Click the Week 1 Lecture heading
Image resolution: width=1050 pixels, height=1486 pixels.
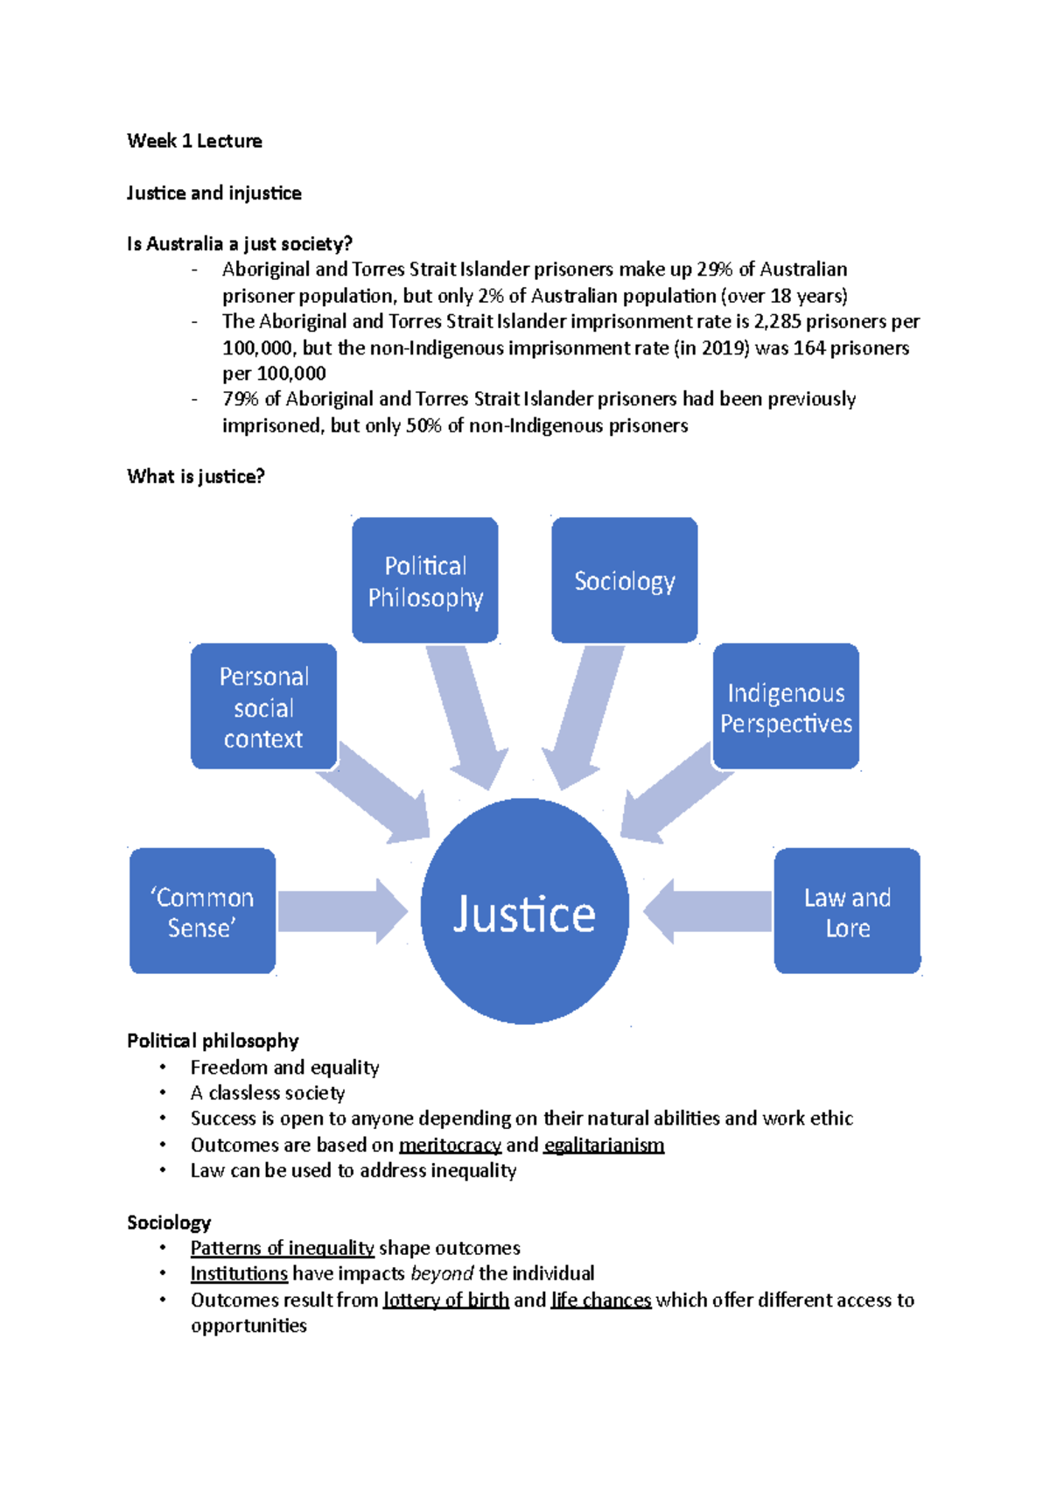194,141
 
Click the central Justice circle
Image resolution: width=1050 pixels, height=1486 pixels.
524,912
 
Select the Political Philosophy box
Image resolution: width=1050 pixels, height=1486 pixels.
425,581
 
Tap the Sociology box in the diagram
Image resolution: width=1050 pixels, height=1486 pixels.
624,581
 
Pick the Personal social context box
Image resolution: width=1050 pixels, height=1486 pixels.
263,707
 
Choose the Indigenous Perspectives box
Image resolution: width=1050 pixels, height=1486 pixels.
786,707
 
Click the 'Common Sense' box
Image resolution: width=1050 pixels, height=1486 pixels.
202,912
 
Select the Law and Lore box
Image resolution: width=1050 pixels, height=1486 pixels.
847,912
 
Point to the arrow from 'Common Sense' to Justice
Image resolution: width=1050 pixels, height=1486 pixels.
341,912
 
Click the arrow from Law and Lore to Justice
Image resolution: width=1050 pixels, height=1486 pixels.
709,912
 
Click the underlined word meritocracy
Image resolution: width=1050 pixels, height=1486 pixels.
450,1146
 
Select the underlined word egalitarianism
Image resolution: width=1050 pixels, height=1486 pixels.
604,1146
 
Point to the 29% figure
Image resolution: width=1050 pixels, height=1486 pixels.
715,270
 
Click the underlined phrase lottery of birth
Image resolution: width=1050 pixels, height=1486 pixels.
446,1300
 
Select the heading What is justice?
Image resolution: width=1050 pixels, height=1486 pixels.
196,477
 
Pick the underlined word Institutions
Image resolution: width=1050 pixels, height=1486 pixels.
239,1273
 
